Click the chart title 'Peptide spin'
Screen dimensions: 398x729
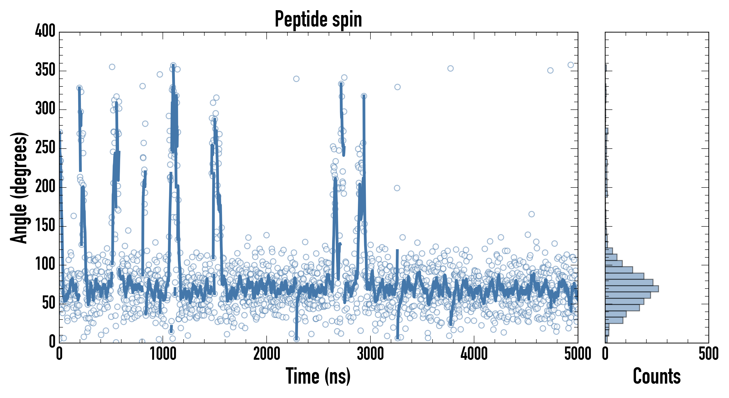(318, 19)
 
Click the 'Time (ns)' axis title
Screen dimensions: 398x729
(318, 376)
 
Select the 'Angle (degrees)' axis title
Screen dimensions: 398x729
(19, 188)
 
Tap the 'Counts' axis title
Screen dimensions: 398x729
(657, 376)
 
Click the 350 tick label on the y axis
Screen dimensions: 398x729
(45, 70)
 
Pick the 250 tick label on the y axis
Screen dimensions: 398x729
(45, 147)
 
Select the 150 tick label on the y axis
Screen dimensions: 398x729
(45, 226)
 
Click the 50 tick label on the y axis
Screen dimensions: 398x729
(49, 303)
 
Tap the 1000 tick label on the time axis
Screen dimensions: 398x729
(163, 354)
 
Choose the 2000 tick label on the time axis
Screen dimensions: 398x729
(267, 354)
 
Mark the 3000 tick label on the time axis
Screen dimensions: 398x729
(370, 354)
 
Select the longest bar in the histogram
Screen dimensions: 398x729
(632, 289)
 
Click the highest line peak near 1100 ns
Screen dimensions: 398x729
(173, 65)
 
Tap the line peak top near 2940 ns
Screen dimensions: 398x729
(364, 96)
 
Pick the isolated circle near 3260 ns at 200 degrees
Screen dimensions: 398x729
(397, 188)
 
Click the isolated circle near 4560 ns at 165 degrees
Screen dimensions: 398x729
(532, 214)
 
